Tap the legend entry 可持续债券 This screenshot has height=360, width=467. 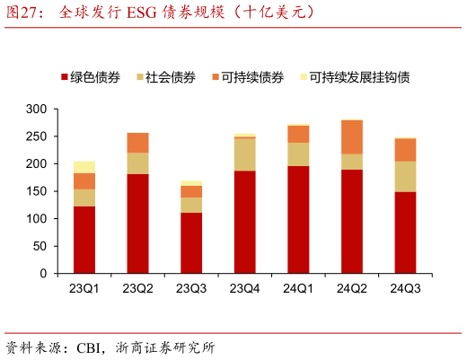[252, 78]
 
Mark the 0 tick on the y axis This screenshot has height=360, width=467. [42, 274]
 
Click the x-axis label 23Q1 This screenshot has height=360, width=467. [84, 288]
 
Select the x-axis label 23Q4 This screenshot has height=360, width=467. [244, 288]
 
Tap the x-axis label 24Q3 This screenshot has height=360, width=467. [405, 288]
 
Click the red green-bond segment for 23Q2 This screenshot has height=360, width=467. [137, 224]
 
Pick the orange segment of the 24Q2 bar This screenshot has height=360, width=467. [351, 136]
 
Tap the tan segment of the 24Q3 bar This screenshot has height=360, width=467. [405, 176]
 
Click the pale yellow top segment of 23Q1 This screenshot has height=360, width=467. [84, 167]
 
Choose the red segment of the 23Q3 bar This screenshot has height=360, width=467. [191, 243]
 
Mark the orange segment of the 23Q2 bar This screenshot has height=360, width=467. [137, 143]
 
